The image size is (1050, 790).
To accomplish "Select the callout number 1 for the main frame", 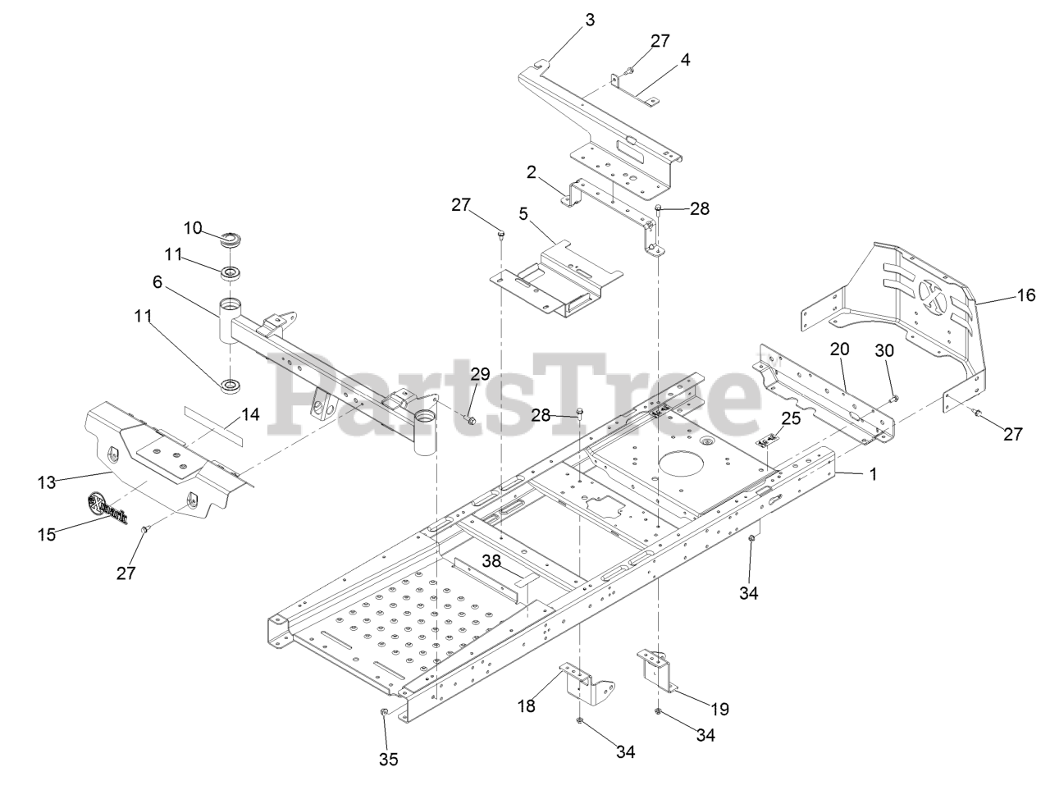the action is (x=872, y=474).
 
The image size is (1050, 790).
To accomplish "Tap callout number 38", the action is (x=491, y=561).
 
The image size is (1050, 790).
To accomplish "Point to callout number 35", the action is (x=388, y=760).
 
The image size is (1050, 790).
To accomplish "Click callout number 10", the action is (x=192, y=227).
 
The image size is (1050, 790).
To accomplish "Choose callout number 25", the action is (x=790, y=418).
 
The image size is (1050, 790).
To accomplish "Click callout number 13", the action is (x=46, y=482).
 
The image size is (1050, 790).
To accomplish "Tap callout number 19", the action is (x=719, y=709).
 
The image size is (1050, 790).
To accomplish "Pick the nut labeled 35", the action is (x=383, y=712).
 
